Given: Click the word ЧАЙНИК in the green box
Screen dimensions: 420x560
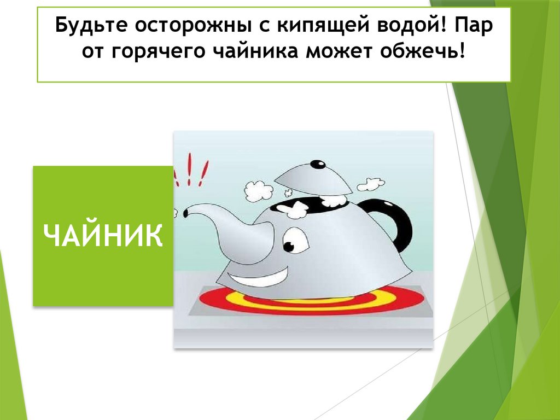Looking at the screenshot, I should tap(103, 237).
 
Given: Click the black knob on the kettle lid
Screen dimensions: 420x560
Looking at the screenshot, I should tap(317, 164).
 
